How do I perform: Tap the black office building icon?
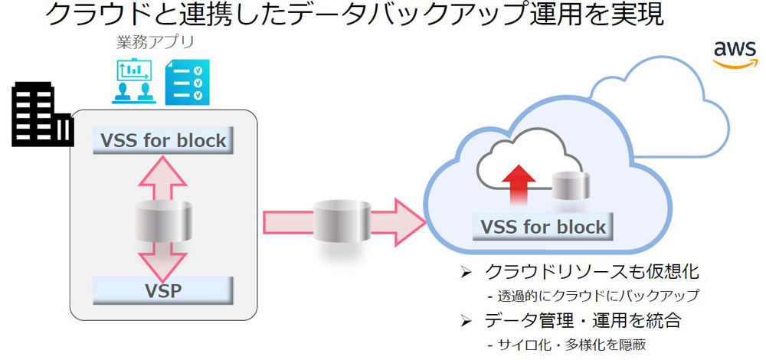(x=42, y=114)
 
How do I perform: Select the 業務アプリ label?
(x=155, y=42)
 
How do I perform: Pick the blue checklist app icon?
(x=188, y=82)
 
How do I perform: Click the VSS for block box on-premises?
(x=163, y=140)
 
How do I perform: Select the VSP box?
(x=163, y=290)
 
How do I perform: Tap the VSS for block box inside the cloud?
(x=543, y=227)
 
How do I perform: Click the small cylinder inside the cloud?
(x=571, y=185)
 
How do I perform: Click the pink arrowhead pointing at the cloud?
(x=409, y=222)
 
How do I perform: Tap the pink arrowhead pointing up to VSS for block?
(x=162, y=172)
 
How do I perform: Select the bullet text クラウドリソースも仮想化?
(x=588, y=272)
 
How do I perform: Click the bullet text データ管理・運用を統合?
(x=583, y=320)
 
